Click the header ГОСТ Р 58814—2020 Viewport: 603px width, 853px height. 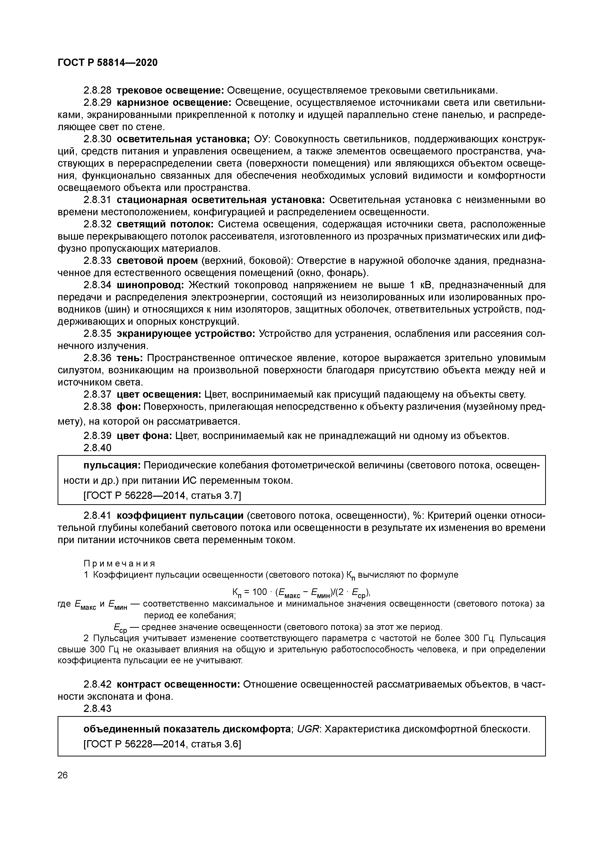click(x=108, y=63)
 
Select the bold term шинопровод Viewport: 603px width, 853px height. click(x=150, y=285)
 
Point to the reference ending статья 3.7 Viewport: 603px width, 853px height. click(x=162, y=496)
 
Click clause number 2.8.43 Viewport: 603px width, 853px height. click(x=97, y=709)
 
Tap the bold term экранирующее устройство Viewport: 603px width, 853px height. click(x=186, y=334)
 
